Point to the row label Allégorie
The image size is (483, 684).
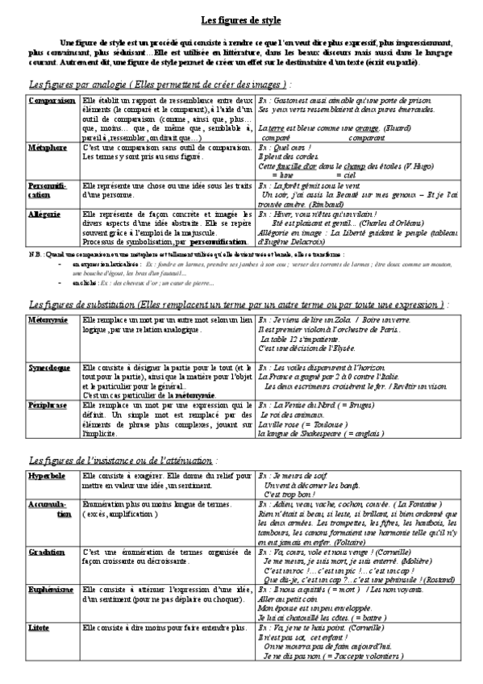[44, 215]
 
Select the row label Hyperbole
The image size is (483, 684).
[46, 478]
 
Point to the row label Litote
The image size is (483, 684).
[40, 649]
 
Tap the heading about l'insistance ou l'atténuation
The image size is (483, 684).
[132, 461]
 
